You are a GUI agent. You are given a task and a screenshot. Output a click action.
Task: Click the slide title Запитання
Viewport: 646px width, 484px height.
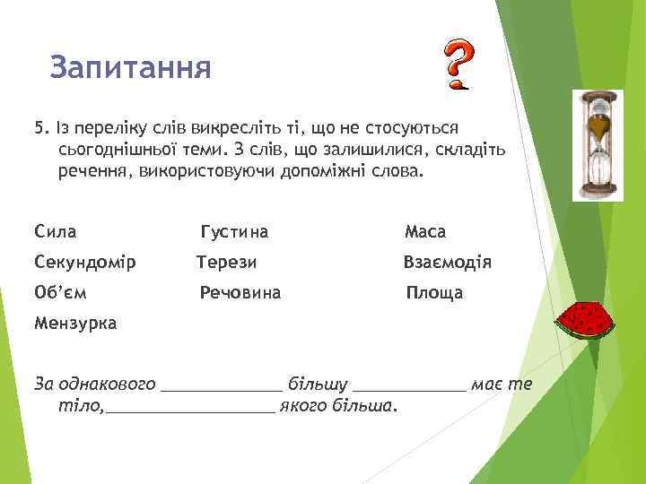pos(131,67)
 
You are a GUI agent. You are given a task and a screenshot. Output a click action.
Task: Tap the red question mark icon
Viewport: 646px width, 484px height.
pos(458,65)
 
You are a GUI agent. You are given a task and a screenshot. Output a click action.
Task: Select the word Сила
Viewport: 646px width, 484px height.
pos(55,232)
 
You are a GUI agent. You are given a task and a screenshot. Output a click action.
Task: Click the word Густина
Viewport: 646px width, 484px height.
pos(234,232)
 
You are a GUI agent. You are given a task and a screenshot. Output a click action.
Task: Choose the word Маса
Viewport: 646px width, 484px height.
pos(425,232)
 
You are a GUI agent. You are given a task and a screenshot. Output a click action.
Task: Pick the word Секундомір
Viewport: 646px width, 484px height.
pos(84,263)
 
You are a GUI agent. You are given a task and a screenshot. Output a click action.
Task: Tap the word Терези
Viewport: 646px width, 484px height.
pos(227,263)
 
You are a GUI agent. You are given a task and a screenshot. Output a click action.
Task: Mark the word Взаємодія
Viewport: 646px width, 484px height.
pos(447,263)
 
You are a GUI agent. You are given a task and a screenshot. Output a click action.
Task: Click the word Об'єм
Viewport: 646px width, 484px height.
pos(61,292)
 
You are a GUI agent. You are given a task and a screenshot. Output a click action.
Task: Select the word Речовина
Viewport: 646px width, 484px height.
pos(240,292)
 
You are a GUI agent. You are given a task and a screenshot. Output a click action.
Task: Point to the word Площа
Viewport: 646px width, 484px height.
pos(434,292)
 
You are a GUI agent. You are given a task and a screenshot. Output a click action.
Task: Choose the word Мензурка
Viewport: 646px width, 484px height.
pos(74,324)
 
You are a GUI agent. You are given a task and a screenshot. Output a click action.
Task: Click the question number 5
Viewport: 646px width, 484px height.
pos(39,128)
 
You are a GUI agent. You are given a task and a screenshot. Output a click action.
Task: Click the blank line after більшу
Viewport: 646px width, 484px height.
pos(409,388)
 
